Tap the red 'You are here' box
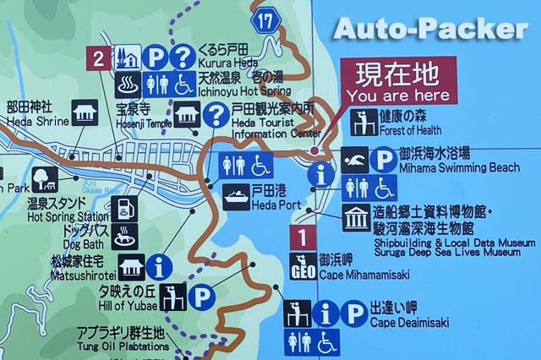[396, 80]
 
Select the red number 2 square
[100, 58]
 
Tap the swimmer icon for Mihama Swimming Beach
[355, 160]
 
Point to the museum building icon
[356, 217]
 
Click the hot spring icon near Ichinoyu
[127, 85]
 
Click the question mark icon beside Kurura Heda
[183, 57]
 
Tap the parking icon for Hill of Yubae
[199, 297]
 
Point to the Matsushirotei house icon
[131, 268]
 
